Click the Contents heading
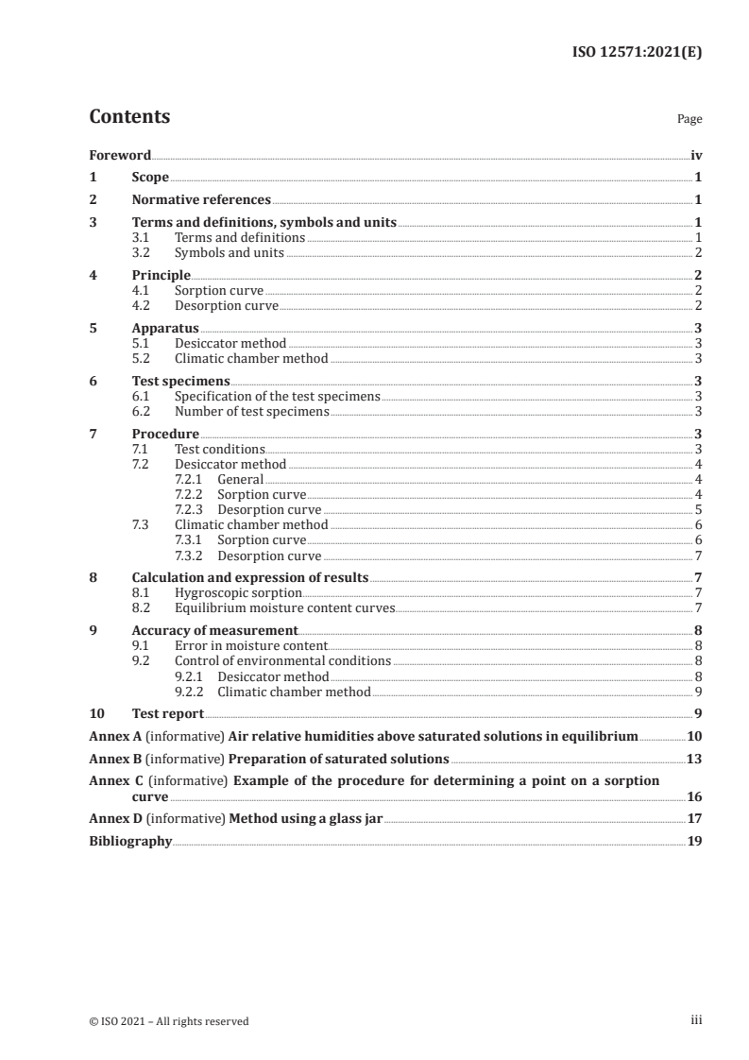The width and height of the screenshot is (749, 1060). (129, 117)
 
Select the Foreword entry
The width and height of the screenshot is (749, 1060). (120, 155)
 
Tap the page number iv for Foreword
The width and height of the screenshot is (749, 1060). (695, 155)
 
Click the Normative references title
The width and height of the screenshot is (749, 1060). (201, 200)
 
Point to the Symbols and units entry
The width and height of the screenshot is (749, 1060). (229, 252)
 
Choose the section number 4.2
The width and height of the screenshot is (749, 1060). (141, 305)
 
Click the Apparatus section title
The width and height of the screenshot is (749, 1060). (165, 328)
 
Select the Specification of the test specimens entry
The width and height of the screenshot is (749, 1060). (277, 396)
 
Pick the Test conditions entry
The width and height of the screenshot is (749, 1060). (220, 449)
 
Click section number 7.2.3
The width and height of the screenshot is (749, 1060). (191, 509)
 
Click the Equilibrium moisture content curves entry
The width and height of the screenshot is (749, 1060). (284, 607)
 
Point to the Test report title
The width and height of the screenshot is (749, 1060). (168, 713)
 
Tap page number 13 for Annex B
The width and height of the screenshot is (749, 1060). (694, 759)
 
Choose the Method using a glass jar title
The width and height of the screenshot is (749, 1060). (305, 819)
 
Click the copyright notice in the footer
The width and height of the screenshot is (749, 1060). (169, 1020)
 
